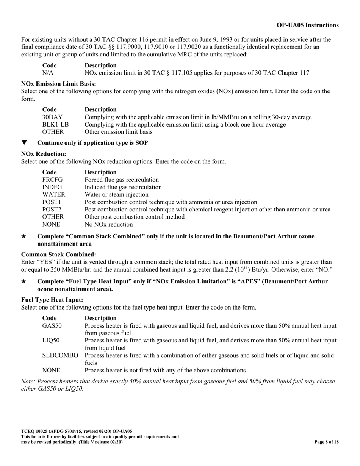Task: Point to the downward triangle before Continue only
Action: pyautogui.click(x=25, y=143)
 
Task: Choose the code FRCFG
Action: pyautogui.click(x=52, y=180)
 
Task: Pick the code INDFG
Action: pyautogui.click(x=52, y=187)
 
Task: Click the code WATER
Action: pyautogui.click(x=53, y=195)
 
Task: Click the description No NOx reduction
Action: pyautogui.click(x=109, y=224)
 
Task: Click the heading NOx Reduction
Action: pyautogui.click(x=44, y=154)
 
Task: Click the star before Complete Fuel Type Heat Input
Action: pyautogui.click(x=24, y=281)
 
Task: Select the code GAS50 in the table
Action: pyautogui.click(x=52, y=325)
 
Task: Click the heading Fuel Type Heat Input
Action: pyautogui.click(x=52, y=300)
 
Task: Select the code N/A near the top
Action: pyautogui.click(x=48, y=73)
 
